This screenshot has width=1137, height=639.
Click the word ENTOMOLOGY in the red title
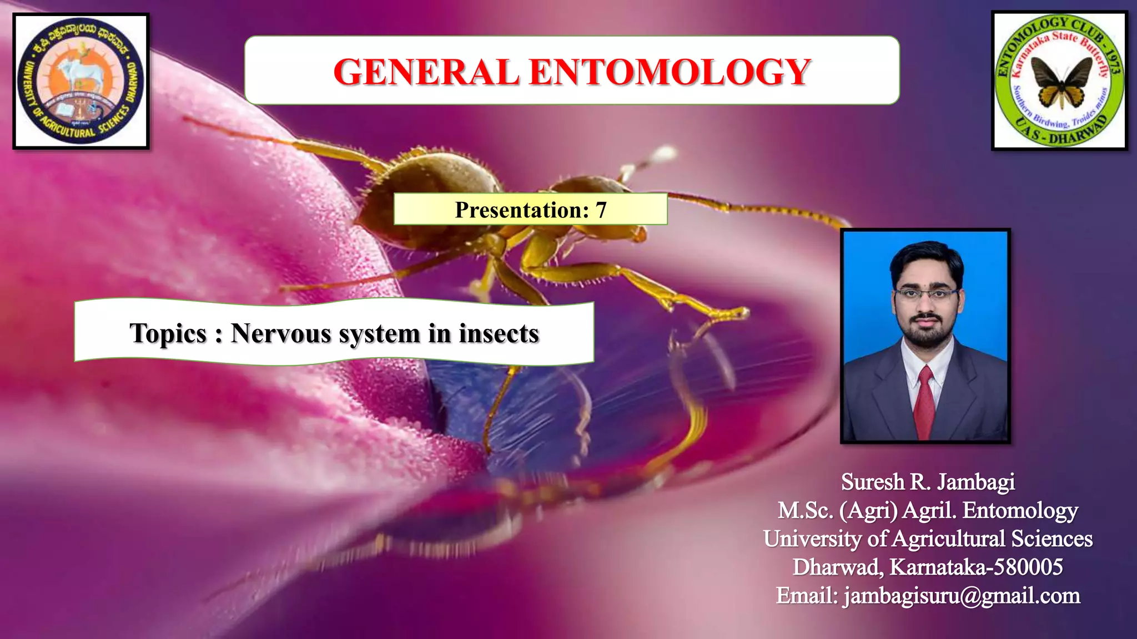(x=670, y=72)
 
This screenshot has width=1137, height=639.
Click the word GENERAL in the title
(x=426, y=72)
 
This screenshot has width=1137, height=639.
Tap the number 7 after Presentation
(x=601, y=210)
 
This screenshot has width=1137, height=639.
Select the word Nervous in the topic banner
(x=281, y=333)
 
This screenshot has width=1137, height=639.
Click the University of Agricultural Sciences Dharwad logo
(x=81, y=82)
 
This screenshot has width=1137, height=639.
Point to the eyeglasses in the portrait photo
(x=926, y=293)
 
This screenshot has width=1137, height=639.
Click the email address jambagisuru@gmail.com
(x=962, y=596)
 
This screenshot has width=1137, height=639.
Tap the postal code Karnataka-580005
(x=976, y=567)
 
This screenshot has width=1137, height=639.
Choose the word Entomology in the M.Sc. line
(x=1020, y=510)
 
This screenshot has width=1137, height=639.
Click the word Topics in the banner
(x=168, y=333)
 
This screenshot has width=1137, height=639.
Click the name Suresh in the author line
(x=872, y=482)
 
